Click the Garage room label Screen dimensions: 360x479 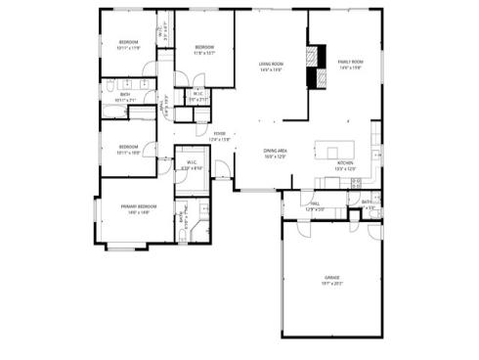pyautogui.click(x=331, y=278)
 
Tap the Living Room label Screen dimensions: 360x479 pyautogui.click(x=271, y=65)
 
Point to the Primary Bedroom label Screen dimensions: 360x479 pyautogui.click(x=138, y=206)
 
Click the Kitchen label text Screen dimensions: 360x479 pyautogui.click(x=345, y=163)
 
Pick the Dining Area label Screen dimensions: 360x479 pyautogui.click(x=275, y=151)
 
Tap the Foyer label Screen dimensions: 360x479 pyautogui.click(x=220, y=134)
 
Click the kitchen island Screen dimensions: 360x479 pyautogui.click(x=327, y=151)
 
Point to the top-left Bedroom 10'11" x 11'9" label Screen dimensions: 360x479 pyautogui.click(x=129, y=42)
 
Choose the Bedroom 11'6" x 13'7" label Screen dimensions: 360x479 pyautogui.click(x=203, y=48)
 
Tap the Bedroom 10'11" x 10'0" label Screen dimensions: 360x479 pyautogui.click(x=127, y=147)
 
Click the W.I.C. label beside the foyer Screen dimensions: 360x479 pyautogui.click(x=192, y=163)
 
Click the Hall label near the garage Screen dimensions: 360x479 pyautogui.click(x=315, y=204)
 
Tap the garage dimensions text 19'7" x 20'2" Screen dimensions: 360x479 pyautogui.click(x=331, y=283)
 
